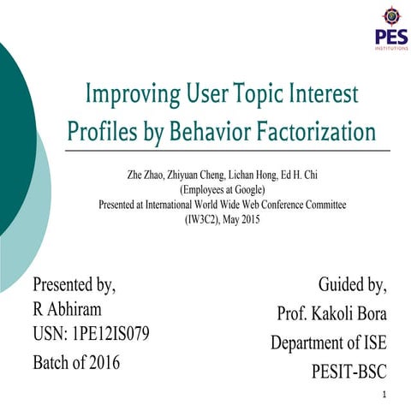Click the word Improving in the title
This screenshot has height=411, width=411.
tap(130, 94)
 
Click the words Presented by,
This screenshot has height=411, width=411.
tap(74, 283)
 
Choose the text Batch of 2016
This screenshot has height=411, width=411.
tap(76, 361)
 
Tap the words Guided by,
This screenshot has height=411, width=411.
tap(352, 283)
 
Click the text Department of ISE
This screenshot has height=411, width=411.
tap(328, 342)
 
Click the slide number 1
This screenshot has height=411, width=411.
tap(387, 395)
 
